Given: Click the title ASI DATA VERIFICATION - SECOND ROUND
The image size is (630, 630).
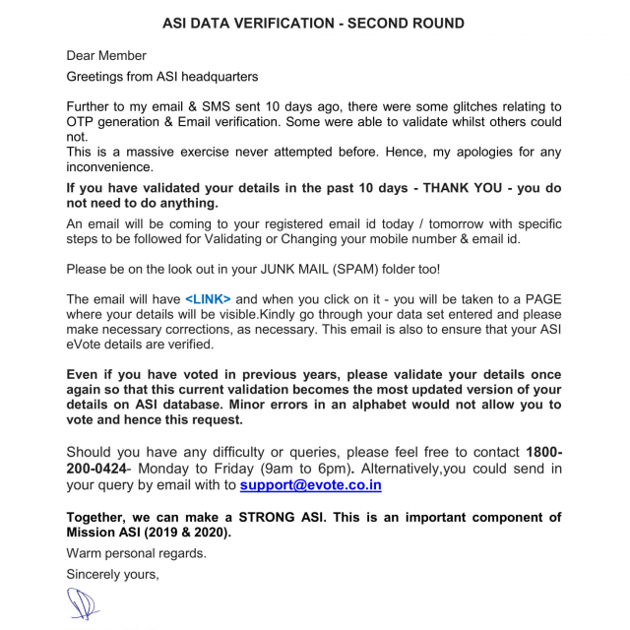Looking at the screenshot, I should [x=314, y=22].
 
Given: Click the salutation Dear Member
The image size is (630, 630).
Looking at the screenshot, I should [x=106, y=55].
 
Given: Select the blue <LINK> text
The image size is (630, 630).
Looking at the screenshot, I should [x=208, y=298].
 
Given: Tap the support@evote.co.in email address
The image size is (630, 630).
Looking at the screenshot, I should [x=311, y=485].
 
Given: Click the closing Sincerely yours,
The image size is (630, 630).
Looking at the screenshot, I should [x=112, y=573].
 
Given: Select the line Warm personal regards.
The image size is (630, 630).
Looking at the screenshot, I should [x=136, y=553].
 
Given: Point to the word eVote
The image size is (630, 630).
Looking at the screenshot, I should [x=88, y=345].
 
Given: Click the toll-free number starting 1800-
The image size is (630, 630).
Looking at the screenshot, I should [x=544, y=452].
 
